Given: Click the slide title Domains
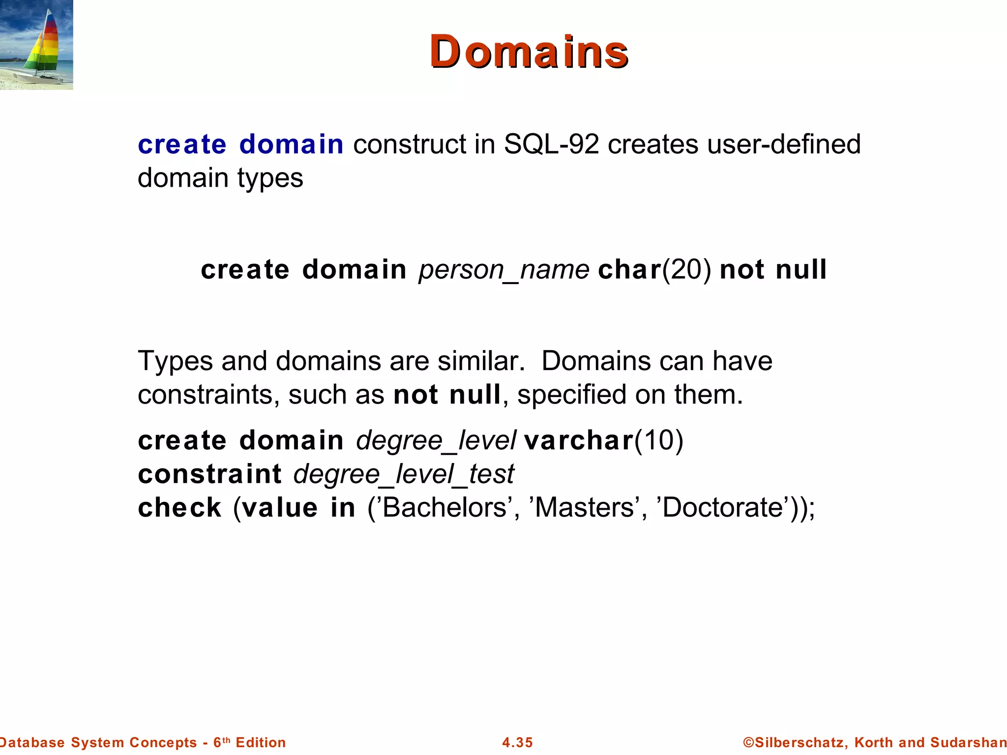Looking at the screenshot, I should pos(529,52).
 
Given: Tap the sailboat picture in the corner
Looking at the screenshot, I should pos(36,45).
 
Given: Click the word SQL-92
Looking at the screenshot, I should pos(551,144).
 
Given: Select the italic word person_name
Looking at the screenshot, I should pos(503,270).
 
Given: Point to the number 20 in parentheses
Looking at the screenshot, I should pos(687,270).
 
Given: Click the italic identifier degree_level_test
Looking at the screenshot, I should pos(403,474).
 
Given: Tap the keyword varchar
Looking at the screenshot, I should pos(579,440).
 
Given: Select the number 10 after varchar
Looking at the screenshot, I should pos(659,440).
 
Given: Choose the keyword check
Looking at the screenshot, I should pos(179,507).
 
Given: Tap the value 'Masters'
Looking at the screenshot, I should pos(584,507).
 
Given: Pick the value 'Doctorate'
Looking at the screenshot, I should pos(722,507).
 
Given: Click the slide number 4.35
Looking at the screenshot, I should pos(517,742).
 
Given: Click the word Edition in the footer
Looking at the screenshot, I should pos(261,742).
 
